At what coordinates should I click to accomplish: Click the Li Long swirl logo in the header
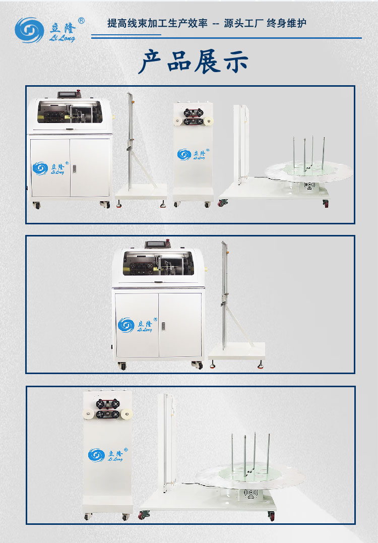(x=29, y=30)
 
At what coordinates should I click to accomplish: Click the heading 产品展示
(x=194, y=62)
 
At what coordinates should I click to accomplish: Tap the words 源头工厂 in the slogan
(x=243, y=23)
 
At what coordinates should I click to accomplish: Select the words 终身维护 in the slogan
(x=286, y=23)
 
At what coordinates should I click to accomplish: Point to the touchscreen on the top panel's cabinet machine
(x=67, y=95)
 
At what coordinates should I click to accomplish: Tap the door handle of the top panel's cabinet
(x=74, y=169)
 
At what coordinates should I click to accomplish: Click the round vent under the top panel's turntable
(x=309, y=185)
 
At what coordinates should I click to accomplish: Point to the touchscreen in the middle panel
(x=155, y=245)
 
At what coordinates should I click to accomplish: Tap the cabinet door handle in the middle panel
(x=163, y=326)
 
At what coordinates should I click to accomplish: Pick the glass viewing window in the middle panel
(x=158, y=263)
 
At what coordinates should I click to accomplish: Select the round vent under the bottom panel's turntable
(x=250, y=494)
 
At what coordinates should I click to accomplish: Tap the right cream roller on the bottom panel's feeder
(x=126, y=413)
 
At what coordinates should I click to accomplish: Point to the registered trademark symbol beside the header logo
(x=81, y=21)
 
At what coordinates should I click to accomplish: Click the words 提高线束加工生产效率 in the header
(x=157, y=23)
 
